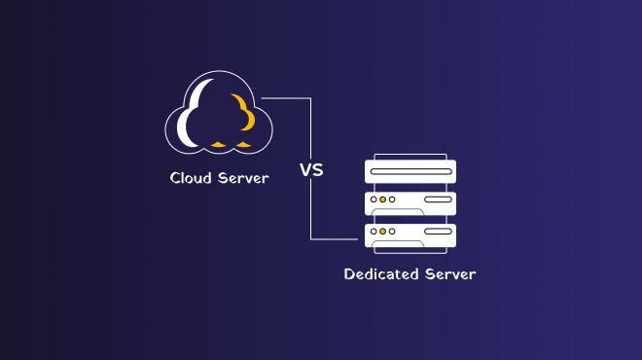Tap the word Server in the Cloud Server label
(242, 178)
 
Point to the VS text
(311, 170)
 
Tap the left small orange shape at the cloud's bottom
(218, 143)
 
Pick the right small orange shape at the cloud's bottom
(243, 143)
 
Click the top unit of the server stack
(410, 171)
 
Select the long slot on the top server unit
(410, 172)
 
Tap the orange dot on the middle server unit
(383, 199)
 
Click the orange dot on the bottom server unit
(383, 232)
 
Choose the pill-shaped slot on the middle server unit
(438, 199)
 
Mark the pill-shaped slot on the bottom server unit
(438, 232)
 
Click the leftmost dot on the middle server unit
(373, 199)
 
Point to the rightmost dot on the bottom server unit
(394, 232)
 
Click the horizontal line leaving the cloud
(286, 97)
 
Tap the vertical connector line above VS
(311, 126)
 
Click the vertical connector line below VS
(311, 209)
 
